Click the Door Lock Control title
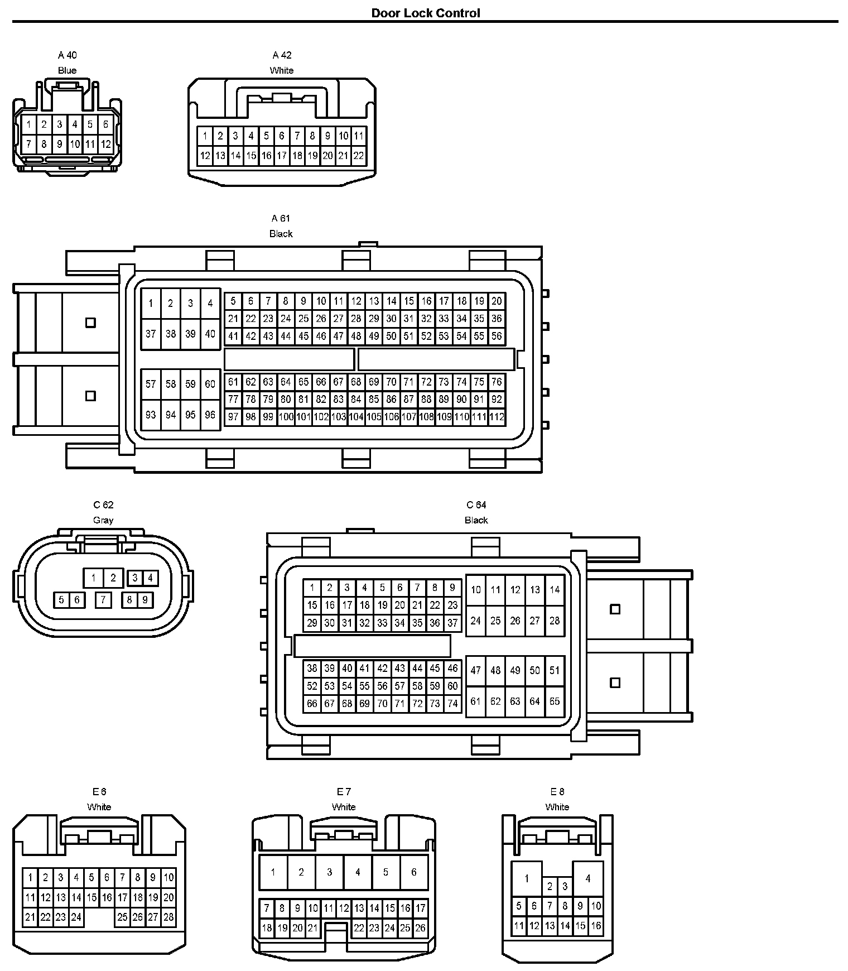tap(425, 13)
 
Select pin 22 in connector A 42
tap(359, 156)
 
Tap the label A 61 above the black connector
tap(281, 218)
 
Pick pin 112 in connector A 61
tap(497, 417)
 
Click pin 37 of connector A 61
tap(151, 334)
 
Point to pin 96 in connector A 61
tap(210, 415)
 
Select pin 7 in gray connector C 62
tap(103, 600)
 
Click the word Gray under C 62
tap(103, 520)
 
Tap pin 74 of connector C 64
tap(452, 704)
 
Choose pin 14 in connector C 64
tap(554, 589)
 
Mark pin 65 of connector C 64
tap(554, 701)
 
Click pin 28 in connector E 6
tap(168, 917)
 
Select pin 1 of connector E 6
tap(30, 878)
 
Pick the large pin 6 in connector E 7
tap(413, 872)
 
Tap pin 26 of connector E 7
tap(420, 929)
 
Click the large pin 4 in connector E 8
tap(587, 878)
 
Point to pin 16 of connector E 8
tap(596, 926)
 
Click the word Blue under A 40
tap(67, 70)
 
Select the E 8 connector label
tap(557, 791)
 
